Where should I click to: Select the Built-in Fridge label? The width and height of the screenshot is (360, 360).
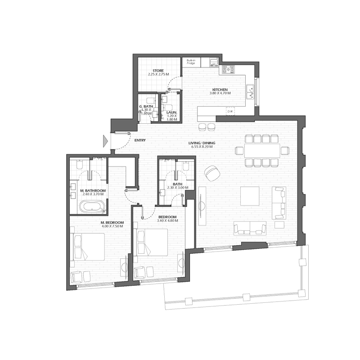(x=191, y=62)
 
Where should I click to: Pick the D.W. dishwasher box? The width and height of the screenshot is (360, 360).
(x=230, y=111)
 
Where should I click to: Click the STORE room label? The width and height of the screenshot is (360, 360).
(x=158, y=71)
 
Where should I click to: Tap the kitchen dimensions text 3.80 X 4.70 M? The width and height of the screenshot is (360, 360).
(x=221, y=94)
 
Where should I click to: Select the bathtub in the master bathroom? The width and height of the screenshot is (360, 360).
(x=93, y=207)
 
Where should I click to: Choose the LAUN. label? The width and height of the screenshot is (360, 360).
(x=171, y=112)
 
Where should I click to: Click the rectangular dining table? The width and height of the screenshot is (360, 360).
(x=261, y=151)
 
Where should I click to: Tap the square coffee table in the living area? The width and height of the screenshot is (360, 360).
(x=249, y=196)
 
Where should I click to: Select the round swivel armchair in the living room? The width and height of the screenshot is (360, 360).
(x=211, y=172)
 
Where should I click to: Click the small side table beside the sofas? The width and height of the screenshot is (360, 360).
(x=279, y=224)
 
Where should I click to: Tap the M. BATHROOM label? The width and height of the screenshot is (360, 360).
(x=93, y=191)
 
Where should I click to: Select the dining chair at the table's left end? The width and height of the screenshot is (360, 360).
(x=238, y=151)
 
